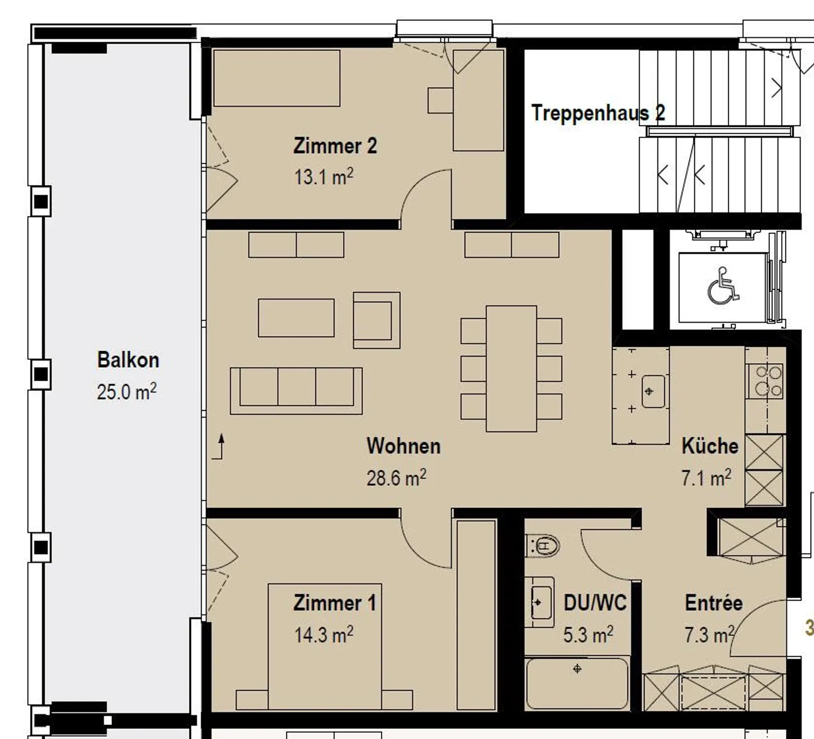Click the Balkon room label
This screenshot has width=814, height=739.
pos(128,360)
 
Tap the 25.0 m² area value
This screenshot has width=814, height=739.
pos(126,392)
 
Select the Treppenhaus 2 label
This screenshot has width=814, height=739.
pos(597,113)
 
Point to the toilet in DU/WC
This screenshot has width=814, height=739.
pos(543,546)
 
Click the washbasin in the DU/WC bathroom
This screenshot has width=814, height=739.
pos(540,602)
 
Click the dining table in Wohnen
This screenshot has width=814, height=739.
pos(511,368)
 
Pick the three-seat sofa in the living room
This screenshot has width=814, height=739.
pos(296,390)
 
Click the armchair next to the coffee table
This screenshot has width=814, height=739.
pos(376,320)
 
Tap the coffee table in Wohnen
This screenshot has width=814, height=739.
pos(296,318)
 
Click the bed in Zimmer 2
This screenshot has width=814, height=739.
pos(276,78)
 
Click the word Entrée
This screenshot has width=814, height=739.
pos(713,603)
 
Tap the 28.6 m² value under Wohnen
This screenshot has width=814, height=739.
pos(396,478)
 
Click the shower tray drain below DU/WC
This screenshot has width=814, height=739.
pos(577,669)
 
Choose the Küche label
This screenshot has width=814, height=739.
pos(709,446)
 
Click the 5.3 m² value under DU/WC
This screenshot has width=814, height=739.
pos(588,635)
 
